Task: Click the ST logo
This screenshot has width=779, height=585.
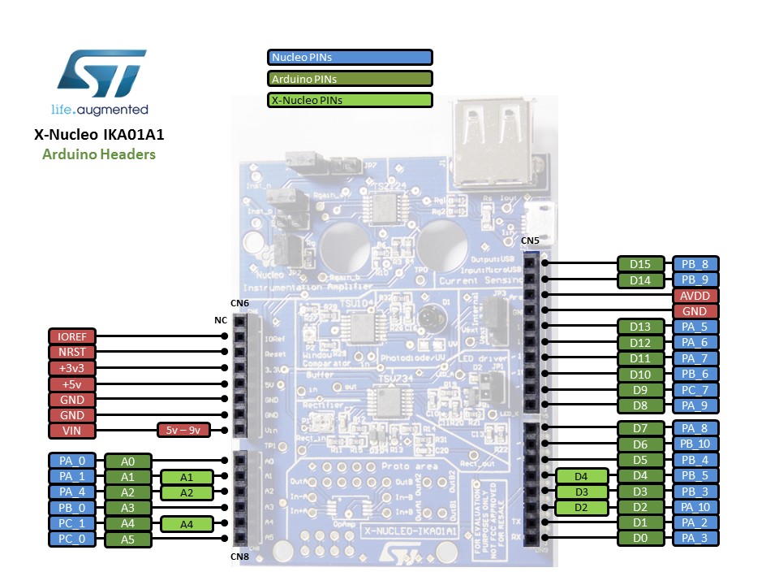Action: click(x=101, y=73)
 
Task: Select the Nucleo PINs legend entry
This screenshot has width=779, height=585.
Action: click(x=350, y=57)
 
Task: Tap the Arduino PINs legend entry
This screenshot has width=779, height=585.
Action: click(x=350, y=79)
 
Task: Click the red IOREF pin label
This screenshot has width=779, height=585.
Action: click(x=72, y=336)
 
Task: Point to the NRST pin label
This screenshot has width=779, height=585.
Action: click(x=72, y=352)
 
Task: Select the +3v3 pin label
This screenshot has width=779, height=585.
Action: click(x=72, y=367)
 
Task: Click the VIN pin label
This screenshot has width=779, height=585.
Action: click(x=72, y=431)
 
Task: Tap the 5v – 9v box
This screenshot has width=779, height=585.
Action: click(x=182, y=431)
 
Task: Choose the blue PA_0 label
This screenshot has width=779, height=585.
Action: click(x=72, y=461)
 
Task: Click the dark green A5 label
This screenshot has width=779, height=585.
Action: click(x=127, y=539)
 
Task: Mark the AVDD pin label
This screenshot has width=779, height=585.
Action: click(x=695, y=295)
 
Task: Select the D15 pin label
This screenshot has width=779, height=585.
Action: click(x=640, y=264)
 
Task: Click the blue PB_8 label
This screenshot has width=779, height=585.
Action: click(x=695, y=264)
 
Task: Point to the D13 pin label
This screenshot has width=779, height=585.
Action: click(x=640, y=327)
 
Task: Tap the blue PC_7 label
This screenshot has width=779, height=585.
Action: click(x=695, y=389)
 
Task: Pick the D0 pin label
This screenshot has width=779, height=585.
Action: click(x=640, y=538)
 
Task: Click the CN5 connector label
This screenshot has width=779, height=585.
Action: click(x=529, y=241)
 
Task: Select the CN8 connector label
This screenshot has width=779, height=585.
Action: click(x=239, y=557)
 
